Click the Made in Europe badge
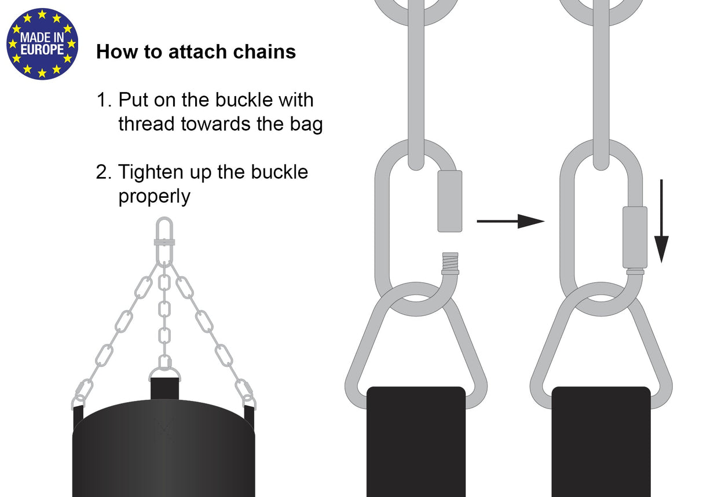coord(42,44)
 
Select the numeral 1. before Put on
coord(104,100)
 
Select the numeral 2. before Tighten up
coord(104,172)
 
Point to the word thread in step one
coord(147,124)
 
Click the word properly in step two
coord(155,197)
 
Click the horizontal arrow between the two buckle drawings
coord(511,221)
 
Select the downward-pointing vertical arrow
coord(661,221)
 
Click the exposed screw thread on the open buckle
coord(451,262)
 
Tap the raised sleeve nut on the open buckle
coord(450,201)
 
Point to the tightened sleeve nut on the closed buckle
coord(635,237)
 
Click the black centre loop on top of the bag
coord(164,389)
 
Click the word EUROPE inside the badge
coord(42,50)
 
